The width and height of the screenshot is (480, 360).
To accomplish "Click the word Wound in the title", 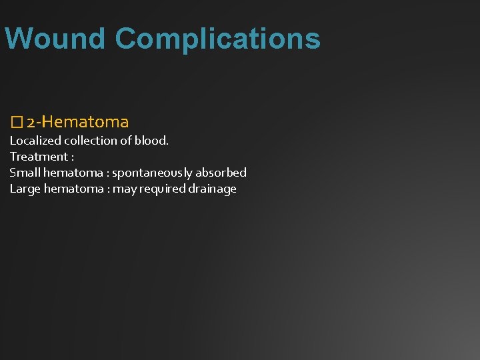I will tap(55, 38).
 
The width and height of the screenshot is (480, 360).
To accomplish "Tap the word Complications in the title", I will tap(217, 39).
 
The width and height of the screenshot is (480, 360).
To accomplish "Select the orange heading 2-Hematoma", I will tap(78, 122).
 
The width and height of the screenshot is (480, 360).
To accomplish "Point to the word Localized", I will tap(35, 141).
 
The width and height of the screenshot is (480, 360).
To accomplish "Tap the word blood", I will tap(152, 141).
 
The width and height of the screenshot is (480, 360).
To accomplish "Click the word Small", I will tap(24, 173).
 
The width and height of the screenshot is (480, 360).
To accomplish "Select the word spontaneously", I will tap(152, 173).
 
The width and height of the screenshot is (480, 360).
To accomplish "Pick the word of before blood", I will tap(129, 141).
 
